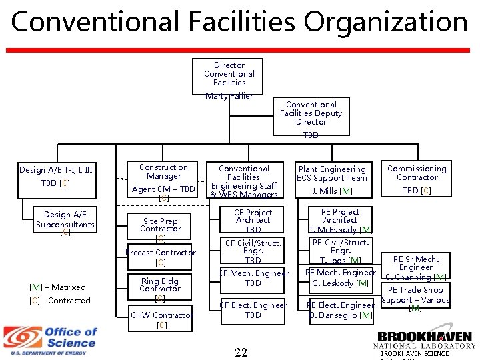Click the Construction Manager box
164,180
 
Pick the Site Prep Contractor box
160,228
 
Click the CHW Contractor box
161,319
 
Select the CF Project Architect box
253,221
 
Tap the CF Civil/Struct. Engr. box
253,251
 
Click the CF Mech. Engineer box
253,278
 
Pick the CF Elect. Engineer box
253,310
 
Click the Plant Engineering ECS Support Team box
332,180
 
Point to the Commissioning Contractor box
417,178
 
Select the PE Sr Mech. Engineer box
416,267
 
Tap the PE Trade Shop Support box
415,298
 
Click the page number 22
241,351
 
